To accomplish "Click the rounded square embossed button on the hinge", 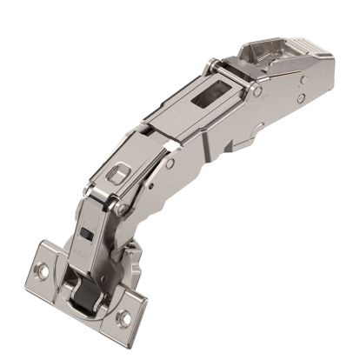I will [114, 175].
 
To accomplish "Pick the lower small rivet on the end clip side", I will [300, 97].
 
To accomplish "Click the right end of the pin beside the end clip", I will [258, 90].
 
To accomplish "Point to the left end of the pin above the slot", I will [211, 64].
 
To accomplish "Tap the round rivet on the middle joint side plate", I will [170, 163].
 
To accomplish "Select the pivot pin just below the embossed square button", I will [115, 206].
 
